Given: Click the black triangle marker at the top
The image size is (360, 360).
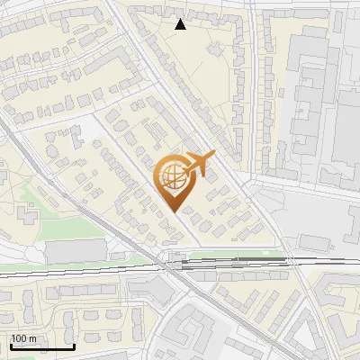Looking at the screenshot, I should pos(181,24).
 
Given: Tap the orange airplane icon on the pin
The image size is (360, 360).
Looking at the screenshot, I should pos(196,165).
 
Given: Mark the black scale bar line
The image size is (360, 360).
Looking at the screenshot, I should pos(41,346).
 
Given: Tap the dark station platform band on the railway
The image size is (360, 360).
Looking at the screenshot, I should pos(229,264).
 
